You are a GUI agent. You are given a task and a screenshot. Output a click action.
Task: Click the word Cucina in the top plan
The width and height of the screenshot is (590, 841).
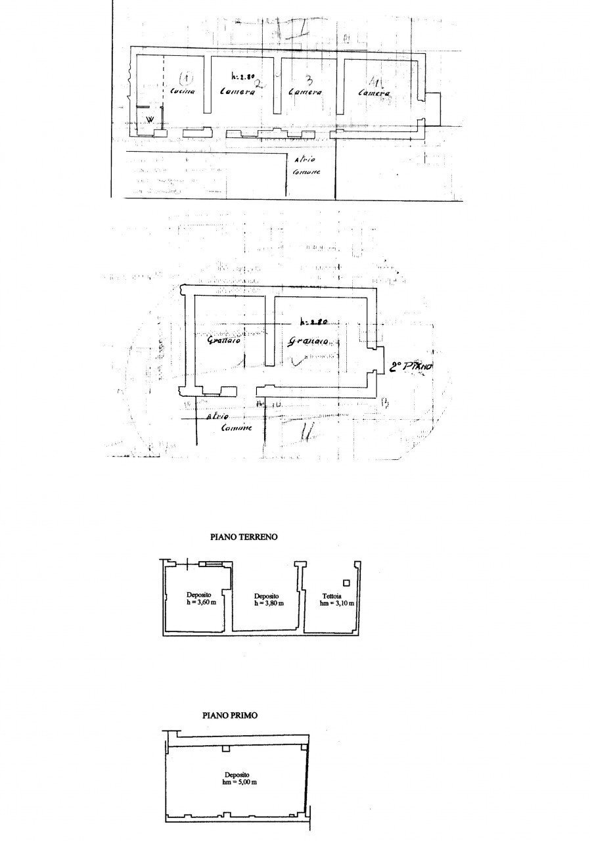click(183, 92)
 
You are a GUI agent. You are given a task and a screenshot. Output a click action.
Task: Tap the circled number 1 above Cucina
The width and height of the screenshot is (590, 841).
click(186, 79)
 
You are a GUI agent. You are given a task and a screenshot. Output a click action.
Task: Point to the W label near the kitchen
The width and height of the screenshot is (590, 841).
click(150, 120)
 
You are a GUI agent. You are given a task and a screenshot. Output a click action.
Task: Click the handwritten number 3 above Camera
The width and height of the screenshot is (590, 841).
click(304, 77)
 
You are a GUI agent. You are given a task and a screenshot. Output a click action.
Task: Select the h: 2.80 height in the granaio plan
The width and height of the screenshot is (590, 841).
click(313, 323)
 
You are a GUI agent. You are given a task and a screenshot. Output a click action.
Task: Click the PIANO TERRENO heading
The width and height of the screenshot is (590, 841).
click(244, 537)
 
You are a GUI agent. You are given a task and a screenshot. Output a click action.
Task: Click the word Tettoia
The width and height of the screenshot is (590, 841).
click(339, 595)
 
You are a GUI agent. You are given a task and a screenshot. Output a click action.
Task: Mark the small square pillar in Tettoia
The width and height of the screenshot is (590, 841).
click(346, 583)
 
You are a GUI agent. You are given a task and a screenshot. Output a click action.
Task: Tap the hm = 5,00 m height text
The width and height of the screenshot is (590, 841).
click(239, 783)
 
